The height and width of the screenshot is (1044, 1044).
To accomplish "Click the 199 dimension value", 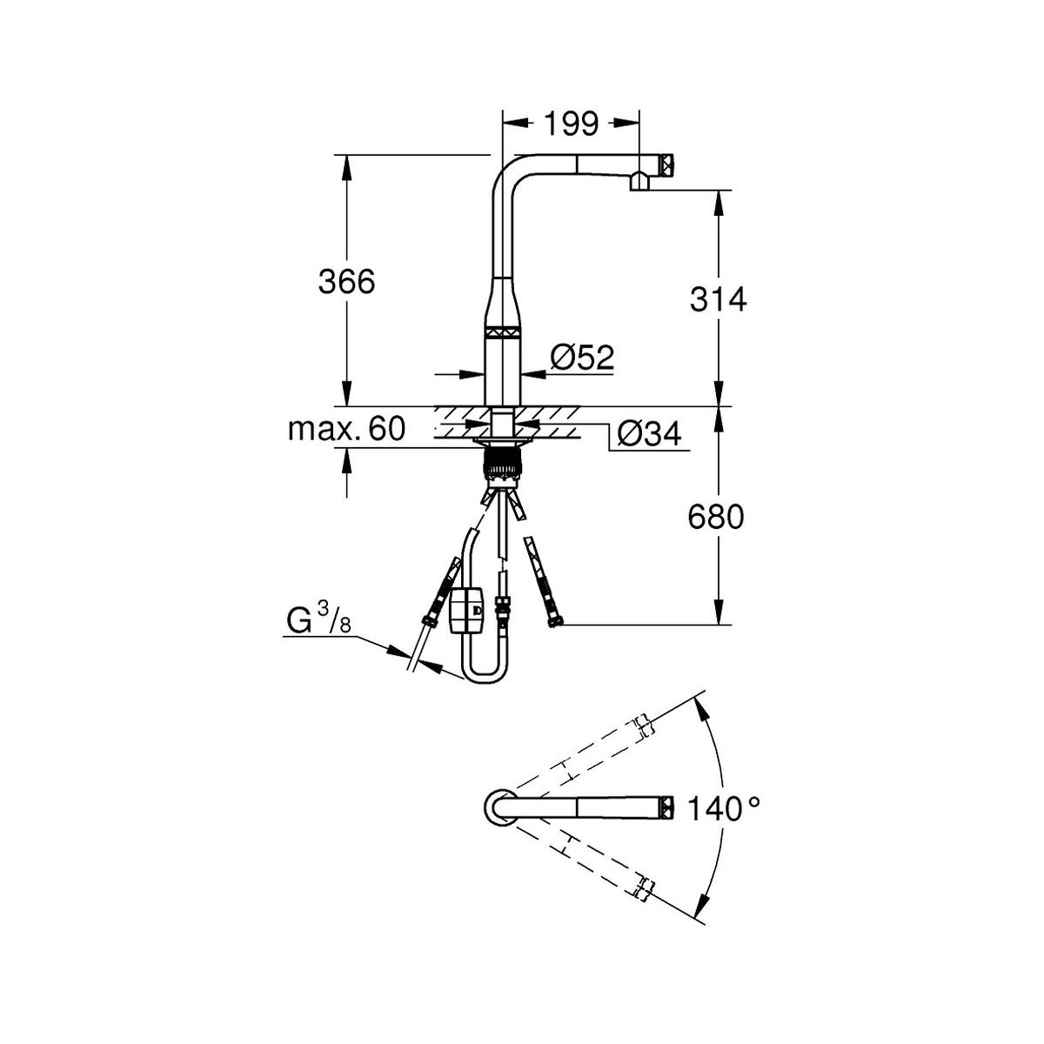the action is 571,124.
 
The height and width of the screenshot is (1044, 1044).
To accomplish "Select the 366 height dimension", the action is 346,282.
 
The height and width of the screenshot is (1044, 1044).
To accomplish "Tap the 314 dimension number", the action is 718,299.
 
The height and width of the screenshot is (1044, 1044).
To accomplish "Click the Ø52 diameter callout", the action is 582,358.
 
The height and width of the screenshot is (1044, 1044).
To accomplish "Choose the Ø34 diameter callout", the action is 650,434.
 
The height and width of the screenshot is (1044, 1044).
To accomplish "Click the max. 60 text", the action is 347,429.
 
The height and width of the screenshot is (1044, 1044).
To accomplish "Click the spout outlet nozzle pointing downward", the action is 639,181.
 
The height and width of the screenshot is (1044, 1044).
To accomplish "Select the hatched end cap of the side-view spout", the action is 666,164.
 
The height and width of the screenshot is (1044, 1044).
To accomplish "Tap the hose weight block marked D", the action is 466,611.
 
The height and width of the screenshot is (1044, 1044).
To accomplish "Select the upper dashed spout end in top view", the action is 642,726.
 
